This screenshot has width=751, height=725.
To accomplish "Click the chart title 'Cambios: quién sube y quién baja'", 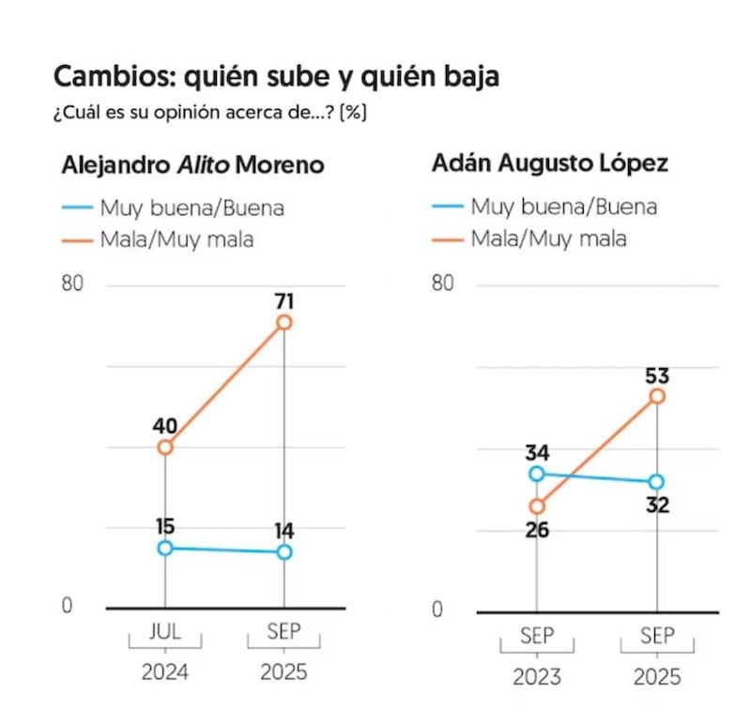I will (276, 77).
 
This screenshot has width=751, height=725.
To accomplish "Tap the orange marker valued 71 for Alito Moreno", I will (284, 322).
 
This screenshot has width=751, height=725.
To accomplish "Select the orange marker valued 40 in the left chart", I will (165, 447).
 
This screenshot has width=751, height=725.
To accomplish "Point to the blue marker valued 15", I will (165, 548).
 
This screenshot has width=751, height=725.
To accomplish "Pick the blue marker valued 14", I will (284, 551).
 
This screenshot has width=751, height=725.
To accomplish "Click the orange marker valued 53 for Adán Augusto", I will (657, 396).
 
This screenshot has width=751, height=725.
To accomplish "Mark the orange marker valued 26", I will (537, 506).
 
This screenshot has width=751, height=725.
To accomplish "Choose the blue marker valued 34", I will (537, 473).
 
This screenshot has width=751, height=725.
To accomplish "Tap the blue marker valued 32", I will (657, 482).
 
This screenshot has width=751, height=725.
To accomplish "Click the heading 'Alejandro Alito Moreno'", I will (192, 165).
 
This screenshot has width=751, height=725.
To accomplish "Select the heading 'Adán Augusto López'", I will (550, 163).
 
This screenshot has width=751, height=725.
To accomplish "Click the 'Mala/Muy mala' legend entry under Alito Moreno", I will (176, 239).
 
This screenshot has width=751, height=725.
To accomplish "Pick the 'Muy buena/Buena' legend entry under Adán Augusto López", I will (563, 207).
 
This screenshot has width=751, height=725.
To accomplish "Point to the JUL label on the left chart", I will (165, 632).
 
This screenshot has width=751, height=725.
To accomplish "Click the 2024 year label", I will (165, 672).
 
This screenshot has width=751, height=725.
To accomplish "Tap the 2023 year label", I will (537, 676).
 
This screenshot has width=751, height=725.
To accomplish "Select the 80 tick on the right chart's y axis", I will (442, 284).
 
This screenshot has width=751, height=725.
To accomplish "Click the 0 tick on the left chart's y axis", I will (67, 607).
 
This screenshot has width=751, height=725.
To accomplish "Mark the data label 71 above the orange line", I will (284, 301).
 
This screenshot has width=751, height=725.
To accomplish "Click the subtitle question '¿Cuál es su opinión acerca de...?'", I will (208, 113).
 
